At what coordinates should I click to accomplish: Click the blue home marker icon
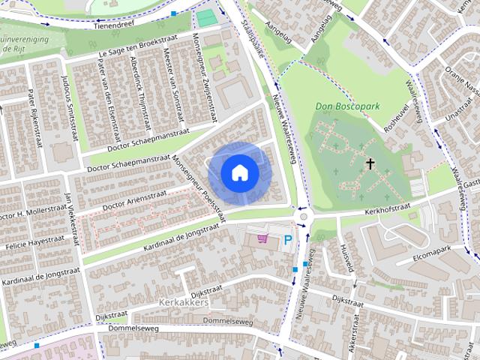click(x=239, y=172)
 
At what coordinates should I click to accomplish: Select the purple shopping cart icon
click(x=262, y=238)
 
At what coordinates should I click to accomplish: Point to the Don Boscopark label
click(x=348, y=107)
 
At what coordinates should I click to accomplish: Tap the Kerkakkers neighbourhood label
click(x=184, y=302)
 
